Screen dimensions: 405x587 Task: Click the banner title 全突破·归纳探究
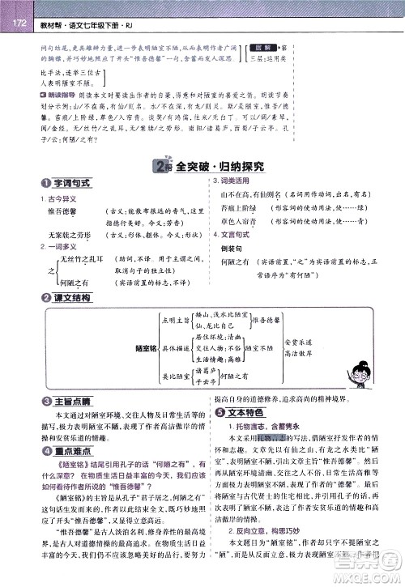[x=217, y=166]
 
